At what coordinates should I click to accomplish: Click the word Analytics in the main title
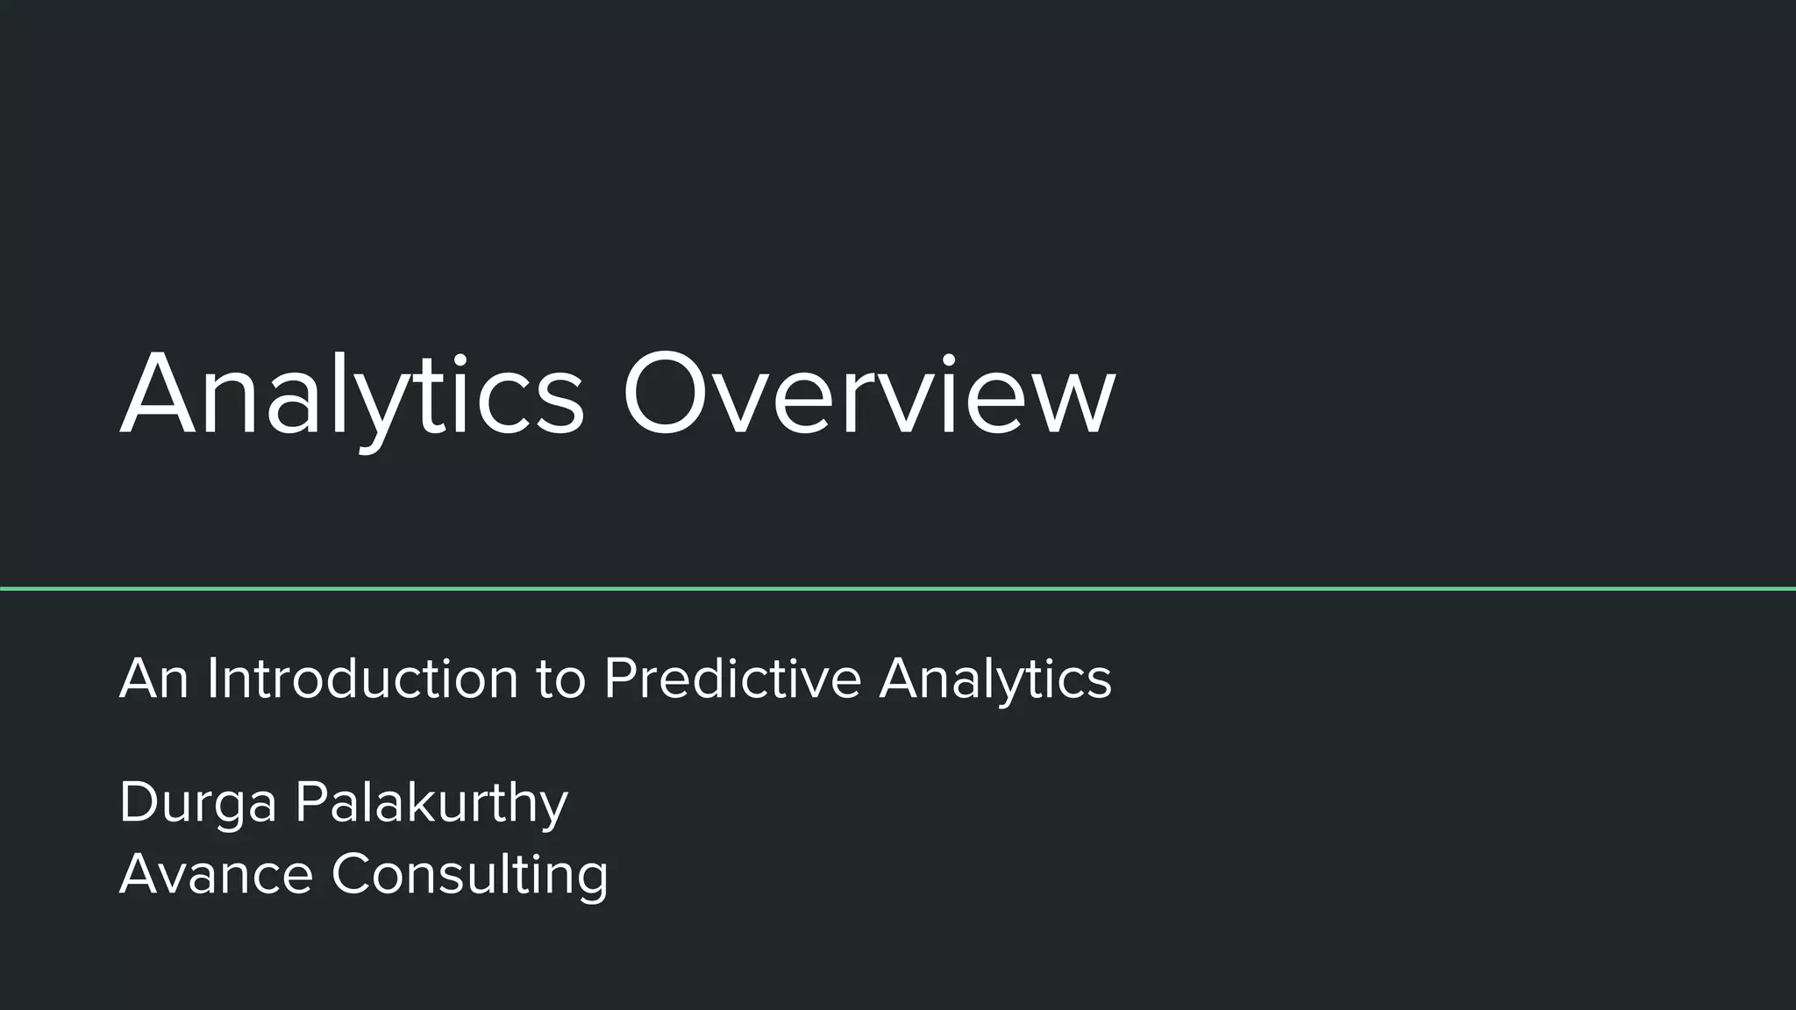click(x=351, y=395)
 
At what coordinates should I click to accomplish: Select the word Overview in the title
click(x=868, y=395)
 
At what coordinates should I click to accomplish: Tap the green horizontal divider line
click(x=898, y=588)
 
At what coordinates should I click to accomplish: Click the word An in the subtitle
click(x=153, y=679)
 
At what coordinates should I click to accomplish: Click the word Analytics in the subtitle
click(x=995, y=680)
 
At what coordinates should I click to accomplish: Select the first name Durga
click(x=198, y=803)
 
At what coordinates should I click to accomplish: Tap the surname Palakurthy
click(x=431, y=803)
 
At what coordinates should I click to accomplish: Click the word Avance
click(x=216, y=874)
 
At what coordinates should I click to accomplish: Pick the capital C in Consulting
click(x=353, y=874)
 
